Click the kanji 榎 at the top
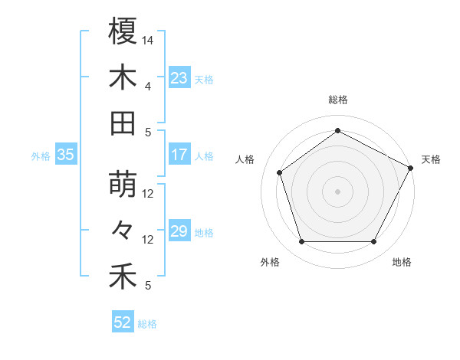point(123,31)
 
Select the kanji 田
point(123,123)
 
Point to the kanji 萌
point(123,185)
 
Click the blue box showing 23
point(179,77)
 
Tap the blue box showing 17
point(179,155)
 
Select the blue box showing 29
point(179,231)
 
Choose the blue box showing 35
point(66,155)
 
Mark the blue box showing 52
point(123,322)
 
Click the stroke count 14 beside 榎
point(148,39)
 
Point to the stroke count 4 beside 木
point(148,86)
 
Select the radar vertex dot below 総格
point(337,130)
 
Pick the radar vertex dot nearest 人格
point(280,172)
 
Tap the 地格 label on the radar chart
point(402,263)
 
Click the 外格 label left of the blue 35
point(41,155)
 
